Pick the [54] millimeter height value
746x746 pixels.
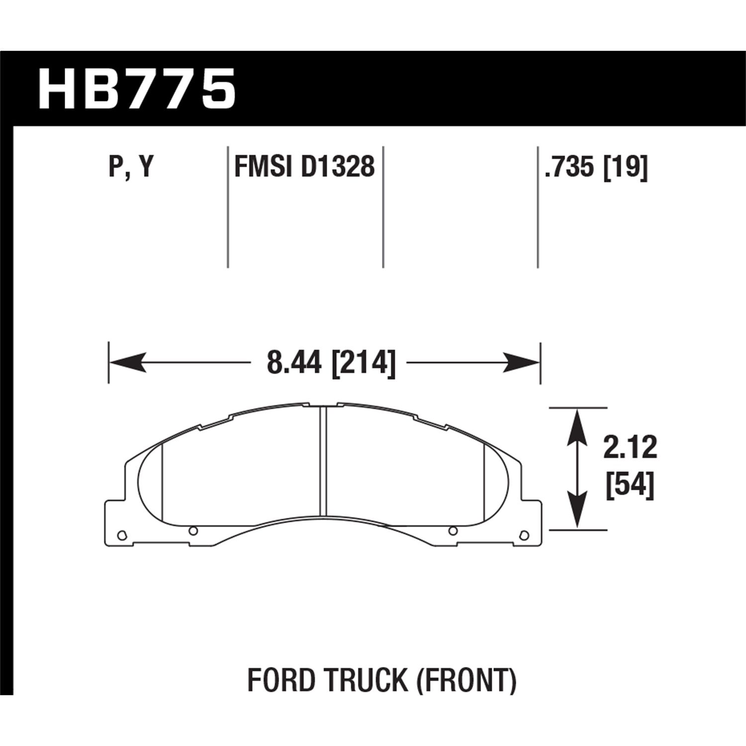[x=630, y=485]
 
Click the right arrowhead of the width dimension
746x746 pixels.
[x=522, y=363]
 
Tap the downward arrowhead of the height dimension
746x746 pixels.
[x=576, y=512]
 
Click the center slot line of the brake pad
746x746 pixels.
[x=323, y=460]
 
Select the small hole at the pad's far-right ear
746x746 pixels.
[x=523, y=535]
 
